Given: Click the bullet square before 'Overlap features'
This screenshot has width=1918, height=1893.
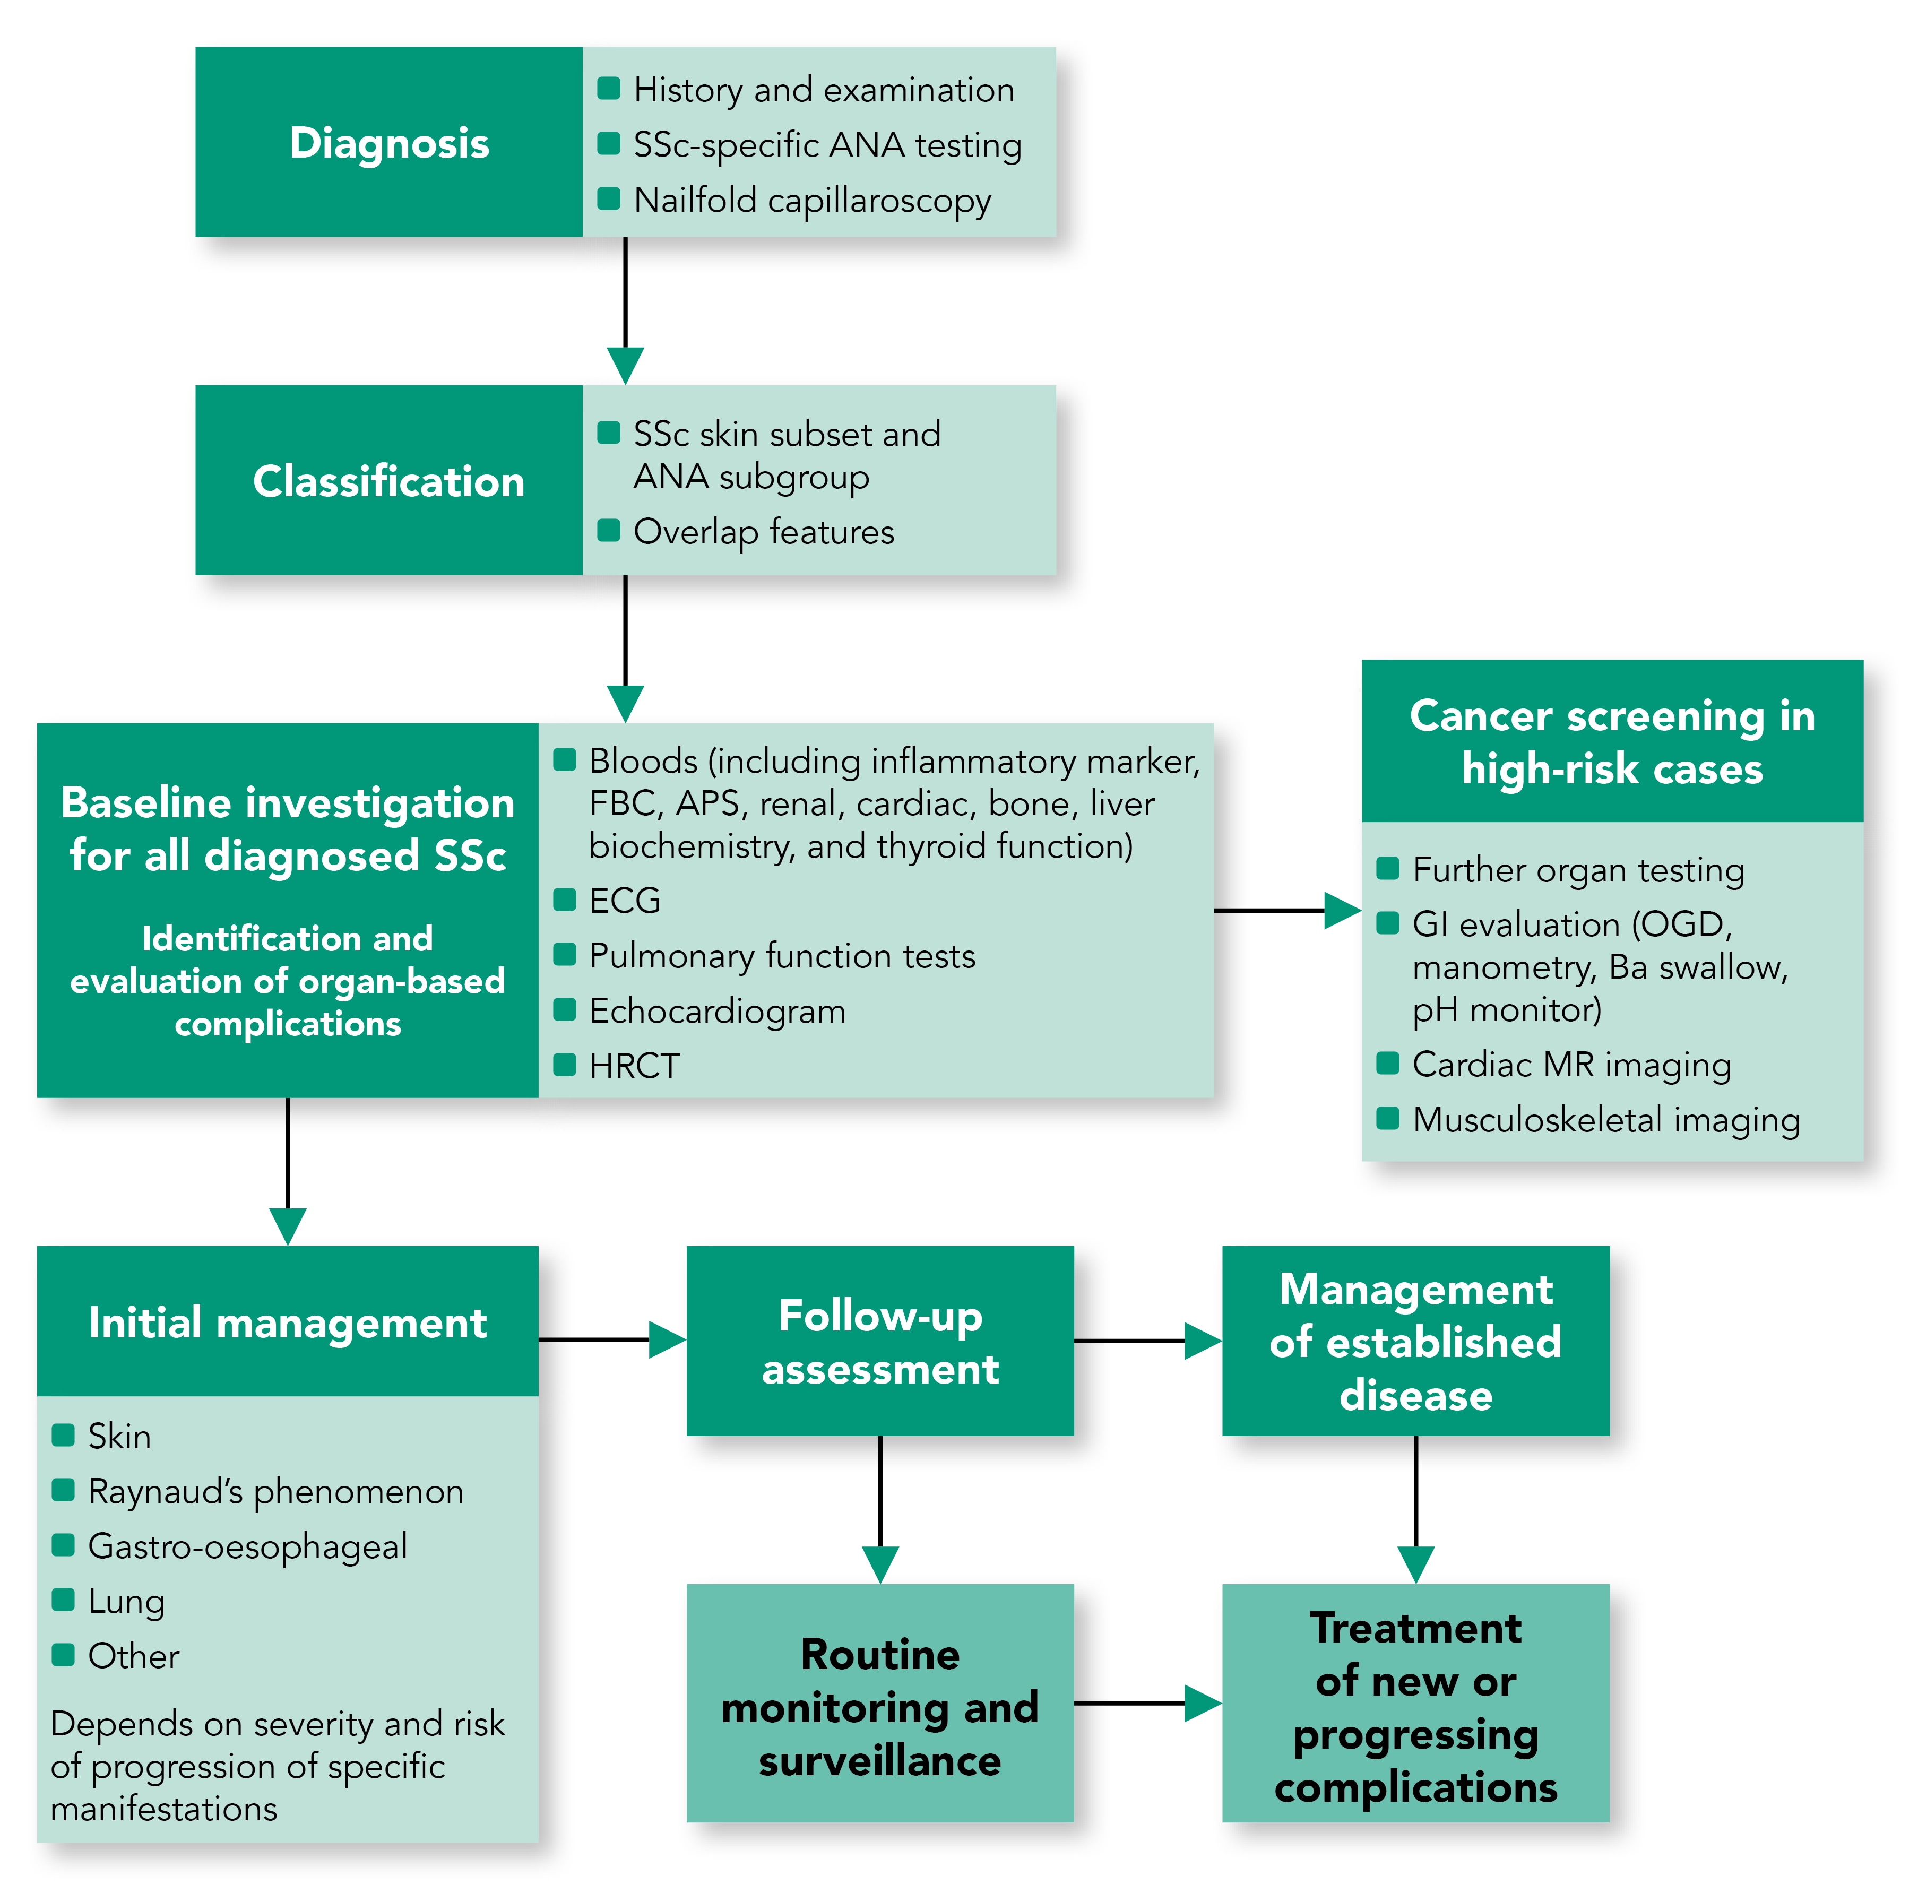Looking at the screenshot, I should point(609,530).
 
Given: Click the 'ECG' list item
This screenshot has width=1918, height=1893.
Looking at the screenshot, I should point(625,901).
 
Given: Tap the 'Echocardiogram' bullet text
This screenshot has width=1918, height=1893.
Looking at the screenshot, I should point(717,1010).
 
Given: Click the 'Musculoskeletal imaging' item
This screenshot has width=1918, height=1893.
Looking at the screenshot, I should point(1605,1120).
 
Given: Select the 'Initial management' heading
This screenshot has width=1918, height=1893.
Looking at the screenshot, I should point(288,1321).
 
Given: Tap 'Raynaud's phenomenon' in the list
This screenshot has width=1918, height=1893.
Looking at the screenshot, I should point(275,1491).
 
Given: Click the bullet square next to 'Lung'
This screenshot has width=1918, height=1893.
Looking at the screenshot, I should point(64,1599).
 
